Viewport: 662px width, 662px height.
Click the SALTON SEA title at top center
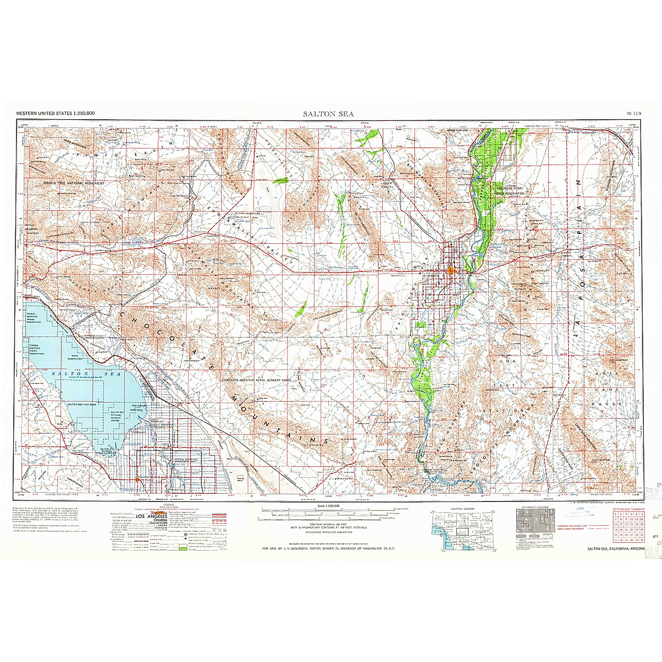[329, 114]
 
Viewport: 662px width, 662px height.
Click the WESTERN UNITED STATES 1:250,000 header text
[55, 113]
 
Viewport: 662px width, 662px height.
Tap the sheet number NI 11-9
[634, 113]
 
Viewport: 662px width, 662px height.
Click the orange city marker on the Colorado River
[451, 270]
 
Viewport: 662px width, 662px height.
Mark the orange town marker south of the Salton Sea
[137, 479]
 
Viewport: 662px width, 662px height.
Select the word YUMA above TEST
[508, 361]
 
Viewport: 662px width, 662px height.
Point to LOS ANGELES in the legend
[151, 516]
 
